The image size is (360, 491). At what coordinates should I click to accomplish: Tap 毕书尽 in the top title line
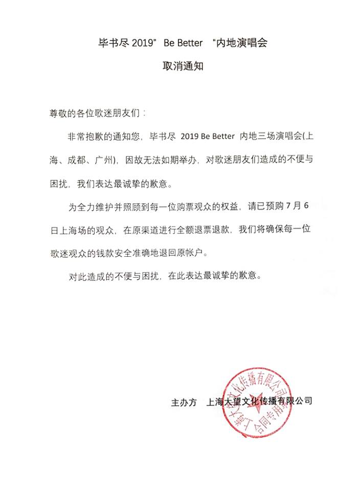[112, 43]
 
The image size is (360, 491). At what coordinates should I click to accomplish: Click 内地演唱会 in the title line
[244, 43]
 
